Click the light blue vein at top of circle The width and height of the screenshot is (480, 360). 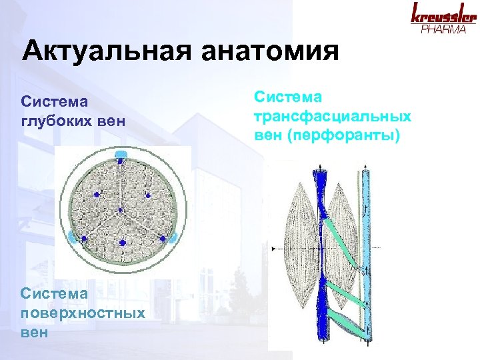tap(121, 155)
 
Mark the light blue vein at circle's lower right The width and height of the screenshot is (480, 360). tap(172, 237)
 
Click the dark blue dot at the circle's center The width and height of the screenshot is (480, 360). tap(121, 211)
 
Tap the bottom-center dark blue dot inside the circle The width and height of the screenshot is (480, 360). tap(122, 243)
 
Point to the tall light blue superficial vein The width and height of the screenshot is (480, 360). tap(365, 253)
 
